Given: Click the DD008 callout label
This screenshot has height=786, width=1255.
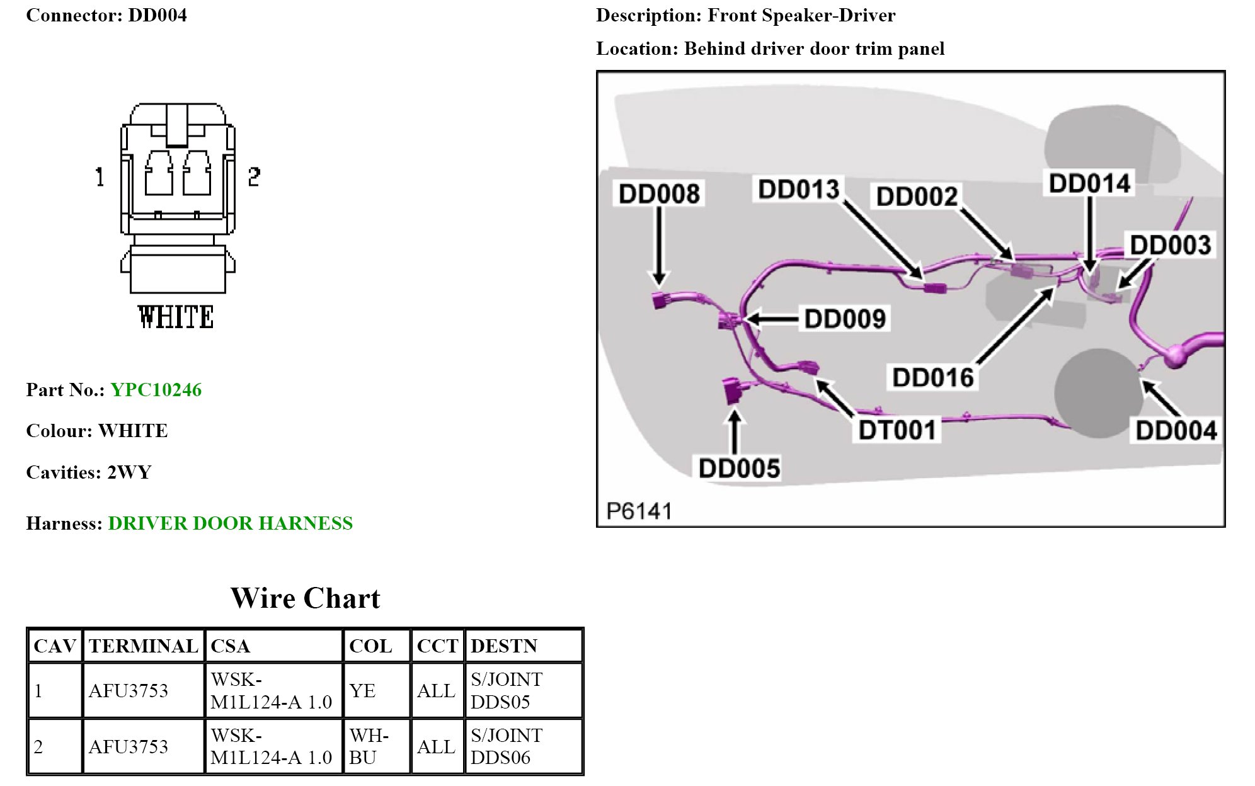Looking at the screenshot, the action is (x=659, y=194).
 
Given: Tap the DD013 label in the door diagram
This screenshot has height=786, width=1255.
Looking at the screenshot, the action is (x=798, y=190).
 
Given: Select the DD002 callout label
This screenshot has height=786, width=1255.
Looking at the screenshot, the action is (x=917, y=196).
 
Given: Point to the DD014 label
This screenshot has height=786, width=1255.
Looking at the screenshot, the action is (x=1089, y=183).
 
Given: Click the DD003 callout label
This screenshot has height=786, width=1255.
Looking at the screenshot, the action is (x=1170, y=245).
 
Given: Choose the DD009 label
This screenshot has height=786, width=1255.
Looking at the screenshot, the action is (x=845, y=319).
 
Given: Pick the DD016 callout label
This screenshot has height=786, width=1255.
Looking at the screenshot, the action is (x=933, y=378).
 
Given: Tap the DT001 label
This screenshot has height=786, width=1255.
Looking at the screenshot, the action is (x=897, y=430).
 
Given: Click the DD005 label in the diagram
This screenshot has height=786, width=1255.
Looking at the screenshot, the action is (x=739, y=469).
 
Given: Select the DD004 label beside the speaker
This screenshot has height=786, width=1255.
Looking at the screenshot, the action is (x=1176, y=431).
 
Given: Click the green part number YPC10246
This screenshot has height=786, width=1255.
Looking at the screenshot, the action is (x=156, y=390).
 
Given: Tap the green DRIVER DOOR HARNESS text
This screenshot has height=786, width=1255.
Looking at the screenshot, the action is (x=230, y=523).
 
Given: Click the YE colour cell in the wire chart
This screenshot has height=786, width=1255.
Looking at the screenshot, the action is (x=363, y=691).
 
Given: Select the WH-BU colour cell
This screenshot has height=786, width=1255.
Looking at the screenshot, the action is (x=369, y=746).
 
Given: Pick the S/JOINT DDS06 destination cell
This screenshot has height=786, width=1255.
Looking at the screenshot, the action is (x=507, y=746).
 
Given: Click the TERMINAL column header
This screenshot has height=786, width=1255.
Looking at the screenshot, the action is (x=144, y=646).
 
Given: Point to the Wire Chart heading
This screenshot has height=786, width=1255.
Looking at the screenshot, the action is (x=306, y=598).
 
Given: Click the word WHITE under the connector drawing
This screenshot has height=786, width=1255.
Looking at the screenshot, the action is (x=176, y=317).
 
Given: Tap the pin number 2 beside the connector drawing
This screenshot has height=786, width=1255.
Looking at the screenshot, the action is (x=254, y=176).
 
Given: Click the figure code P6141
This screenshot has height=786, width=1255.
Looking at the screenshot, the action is (x=639, y=511).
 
